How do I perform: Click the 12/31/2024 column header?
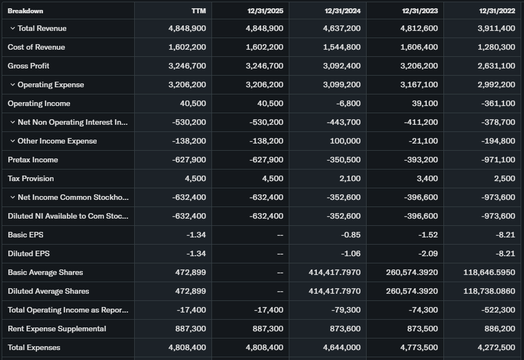342,11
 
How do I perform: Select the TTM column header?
198,11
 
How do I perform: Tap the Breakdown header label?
25,11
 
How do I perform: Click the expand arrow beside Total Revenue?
12,29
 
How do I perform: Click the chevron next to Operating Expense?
12,85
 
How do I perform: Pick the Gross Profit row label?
29,66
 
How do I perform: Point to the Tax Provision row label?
31,179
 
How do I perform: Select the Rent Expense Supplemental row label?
57,329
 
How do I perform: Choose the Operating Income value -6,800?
347,104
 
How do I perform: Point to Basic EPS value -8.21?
505,235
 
